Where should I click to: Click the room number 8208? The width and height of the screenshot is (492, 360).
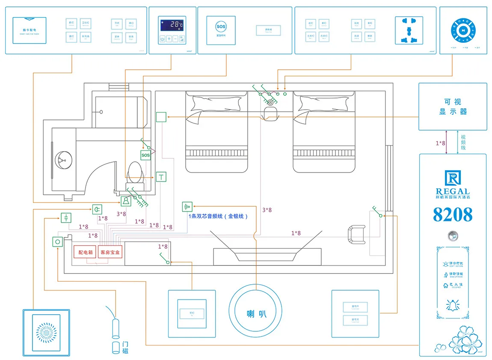pos(453,214)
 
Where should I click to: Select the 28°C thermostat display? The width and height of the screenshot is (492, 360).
pos(172,25)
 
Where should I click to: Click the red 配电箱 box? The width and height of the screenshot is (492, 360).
pos(85,252)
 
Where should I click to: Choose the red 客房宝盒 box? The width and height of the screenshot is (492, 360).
pos(110,252)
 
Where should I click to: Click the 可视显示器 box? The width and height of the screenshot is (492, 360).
pos(453,107)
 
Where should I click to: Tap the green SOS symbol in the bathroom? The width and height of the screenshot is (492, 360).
pos(145,155)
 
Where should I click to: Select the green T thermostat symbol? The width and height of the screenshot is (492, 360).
pos(161,176)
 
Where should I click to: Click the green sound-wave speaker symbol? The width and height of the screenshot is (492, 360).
pos(187,207)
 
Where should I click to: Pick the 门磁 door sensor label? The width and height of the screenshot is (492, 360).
pos(125,347)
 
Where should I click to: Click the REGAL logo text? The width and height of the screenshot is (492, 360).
pos(453,192)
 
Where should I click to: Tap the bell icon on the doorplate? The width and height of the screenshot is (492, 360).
pos(453,305)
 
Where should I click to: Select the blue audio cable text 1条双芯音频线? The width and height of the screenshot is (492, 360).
pos(218,217)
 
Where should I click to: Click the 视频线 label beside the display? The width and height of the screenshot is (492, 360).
pos(463,143)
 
